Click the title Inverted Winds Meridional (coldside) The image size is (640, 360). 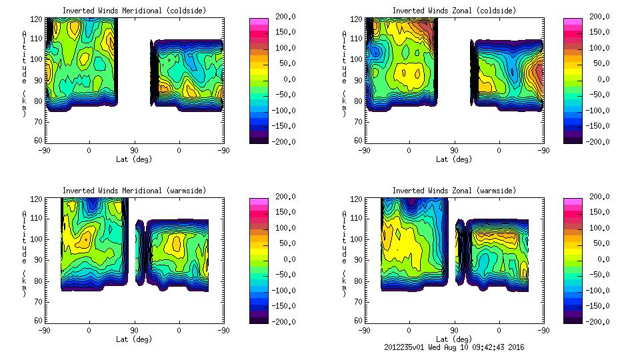[x=134, y=11]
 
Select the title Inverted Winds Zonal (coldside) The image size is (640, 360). [x=454, y=11]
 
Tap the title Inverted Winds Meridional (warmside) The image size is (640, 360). [x=134, y=191]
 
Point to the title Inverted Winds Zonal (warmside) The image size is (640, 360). [x=454, y=191]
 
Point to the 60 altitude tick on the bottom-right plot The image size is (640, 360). [x=358, y=321]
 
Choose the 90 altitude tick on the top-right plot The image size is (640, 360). [x=358, y=79]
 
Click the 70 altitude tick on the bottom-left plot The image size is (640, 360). [x=38, y=301]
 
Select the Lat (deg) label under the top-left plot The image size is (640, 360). [x=134, y=159]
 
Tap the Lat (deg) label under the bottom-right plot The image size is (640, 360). [x=454, y=339]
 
